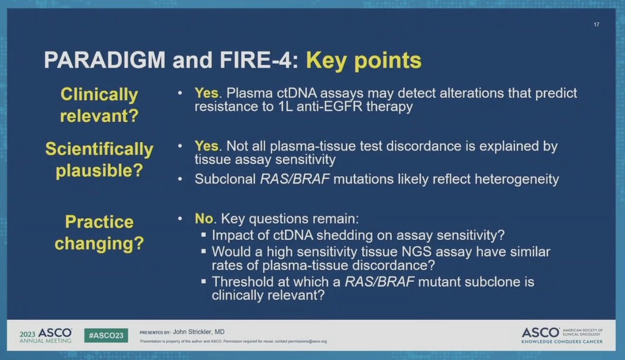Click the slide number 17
point(596,24)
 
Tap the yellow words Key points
point(364,60)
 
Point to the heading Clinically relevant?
point(99,104)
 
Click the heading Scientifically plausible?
point(99,159)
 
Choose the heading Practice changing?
point(99,232)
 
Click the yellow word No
point(204,219)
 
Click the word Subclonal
point(225,179)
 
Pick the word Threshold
point(243,282)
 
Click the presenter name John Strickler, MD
point(198,332)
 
